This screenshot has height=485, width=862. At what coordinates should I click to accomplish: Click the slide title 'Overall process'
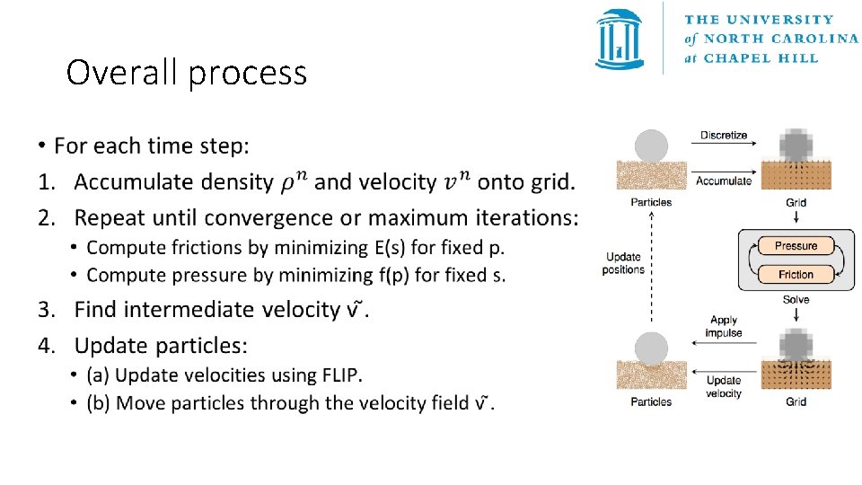187,73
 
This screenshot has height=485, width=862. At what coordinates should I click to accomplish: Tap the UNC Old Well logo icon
620,40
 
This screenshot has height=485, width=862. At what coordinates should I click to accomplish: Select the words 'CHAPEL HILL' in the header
761,58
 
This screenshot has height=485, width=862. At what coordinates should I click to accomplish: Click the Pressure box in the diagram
796,246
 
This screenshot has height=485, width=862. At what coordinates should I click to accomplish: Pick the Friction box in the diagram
796,274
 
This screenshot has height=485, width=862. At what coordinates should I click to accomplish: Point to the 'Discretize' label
724,136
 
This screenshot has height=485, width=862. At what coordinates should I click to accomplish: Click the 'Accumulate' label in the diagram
724,181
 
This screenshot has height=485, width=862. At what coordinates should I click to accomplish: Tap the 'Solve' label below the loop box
796,300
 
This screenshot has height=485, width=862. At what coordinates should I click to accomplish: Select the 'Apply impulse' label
724,326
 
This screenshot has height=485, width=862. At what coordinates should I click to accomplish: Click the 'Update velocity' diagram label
724,387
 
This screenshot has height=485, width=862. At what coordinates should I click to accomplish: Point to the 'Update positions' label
625,263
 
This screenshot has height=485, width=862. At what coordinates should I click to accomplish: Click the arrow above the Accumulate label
724,168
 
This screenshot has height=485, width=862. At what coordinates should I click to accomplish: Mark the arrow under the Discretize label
724,147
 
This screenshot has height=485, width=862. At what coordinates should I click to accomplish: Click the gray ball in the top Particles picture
651,146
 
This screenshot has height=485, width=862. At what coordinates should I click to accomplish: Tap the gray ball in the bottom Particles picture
651,348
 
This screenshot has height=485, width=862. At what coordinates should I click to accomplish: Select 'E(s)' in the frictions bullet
391,248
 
